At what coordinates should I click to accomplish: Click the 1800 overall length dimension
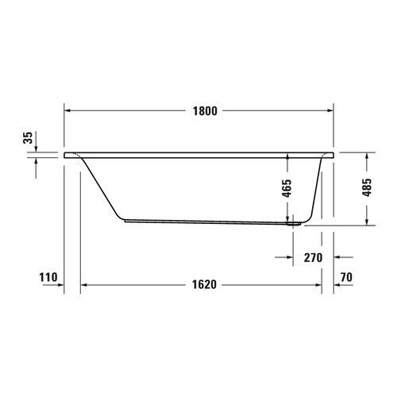click(x=198, y=110)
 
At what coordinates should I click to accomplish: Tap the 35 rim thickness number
click(x=29, y=138)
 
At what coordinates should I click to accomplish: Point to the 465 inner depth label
click(x=287, y=189)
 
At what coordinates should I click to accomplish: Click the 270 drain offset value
click(x=313, y=257)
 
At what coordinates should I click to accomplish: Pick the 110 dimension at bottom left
click(x=48, y=278)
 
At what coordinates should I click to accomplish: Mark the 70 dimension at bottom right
click(x=345, y=278)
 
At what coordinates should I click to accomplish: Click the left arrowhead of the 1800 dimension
click(x=67, y=110)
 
